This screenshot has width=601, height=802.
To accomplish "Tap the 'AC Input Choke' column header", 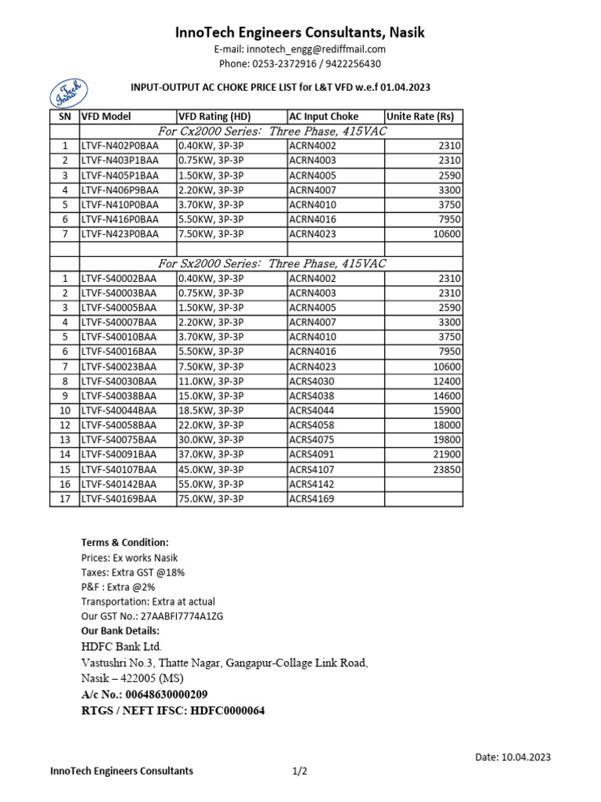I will click(x=324, y=116).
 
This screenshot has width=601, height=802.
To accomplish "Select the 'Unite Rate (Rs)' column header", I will click(x=420, y=116).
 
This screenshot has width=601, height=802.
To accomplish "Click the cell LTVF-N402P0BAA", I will click(x=119, y=146).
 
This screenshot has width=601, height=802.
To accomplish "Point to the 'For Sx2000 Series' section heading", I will click(x=272, y=263).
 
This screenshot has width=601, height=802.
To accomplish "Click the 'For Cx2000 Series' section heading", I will click(x=272, y=131).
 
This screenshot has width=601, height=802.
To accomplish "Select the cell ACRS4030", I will click(x=312, y=381).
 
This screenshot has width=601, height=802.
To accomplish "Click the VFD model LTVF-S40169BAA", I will click(x=119, y=498).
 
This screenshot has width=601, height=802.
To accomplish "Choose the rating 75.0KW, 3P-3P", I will click(x=211, y=498).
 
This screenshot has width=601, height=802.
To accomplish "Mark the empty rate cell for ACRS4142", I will click(x=423, y=484).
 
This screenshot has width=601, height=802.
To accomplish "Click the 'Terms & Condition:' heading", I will click(x=124, y=543).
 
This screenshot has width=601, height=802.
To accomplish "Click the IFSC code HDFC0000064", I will click(x=229, y=711).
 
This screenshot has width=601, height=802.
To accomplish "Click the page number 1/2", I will click(x=300, y=771).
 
